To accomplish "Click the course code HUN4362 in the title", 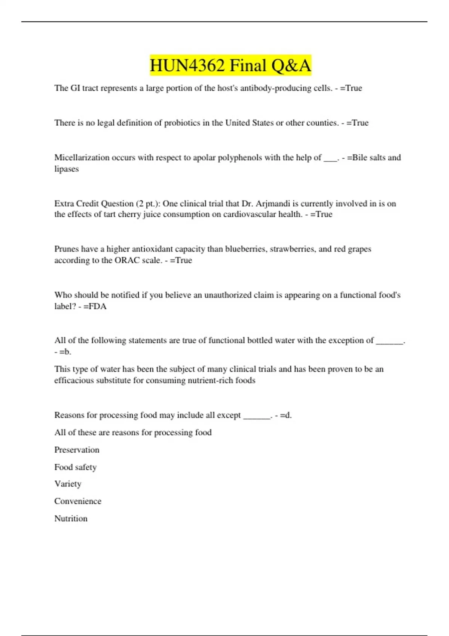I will click(187, 66).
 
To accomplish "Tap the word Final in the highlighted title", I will click(247, 66).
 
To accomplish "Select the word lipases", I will click(67, 169).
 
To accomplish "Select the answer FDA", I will click(98, 306).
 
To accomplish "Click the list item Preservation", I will click(77, 450).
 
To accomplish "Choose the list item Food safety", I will click(75, 467).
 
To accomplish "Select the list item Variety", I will click(68, 484).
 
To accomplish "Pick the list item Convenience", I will click(78, 501).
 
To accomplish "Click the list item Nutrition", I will click(71, 519).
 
